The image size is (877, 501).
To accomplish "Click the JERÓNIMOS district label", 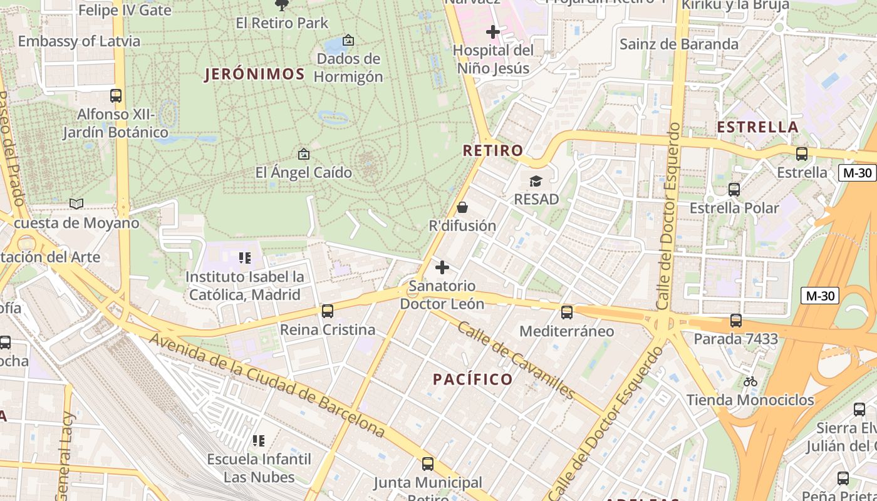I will click(x=254, y=74).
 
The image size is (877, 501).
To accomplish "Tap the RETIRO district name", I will click(x=493, y=150).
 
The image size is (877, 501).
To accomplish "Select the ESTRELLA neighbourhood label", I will click(x=757, y=127).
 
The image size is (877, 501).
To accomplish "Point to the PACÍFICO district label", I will click(x=473, y=379).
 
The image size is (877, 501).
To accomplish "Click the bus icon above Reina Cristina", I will click(x=327, y=311).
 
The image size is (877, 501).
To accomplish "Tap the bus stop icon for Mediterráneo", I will click(x=567, y=312).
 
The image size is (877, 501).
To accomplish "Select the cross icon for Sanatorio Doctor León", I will click(x=442, y=268).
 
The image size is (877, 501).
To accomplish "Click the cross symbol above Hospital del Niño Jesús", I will click(x=493, y=31).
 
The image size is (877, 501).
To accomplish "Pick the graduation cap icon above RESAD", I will click(x=536, y=182).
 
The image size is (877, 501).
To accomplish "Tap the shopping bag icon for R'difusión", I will click(x=462, y=207).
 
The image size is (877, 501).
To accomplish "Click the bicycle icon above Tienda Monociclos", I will click(x=750, y=381).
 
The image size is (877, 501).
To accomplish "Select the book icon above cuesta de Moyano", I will click(x=76, y=204).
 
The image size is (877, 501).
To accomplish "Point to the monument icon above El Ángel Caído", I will click(x=304, y=154).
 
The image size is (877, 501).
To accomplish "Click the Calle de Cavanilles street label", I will click(x=516, y=360).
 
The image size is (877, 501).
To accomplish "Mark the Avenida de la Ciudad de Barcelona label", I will click(x=267, y=385).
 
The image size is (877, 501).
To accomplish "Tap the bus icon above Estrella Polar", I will click(x=734, y=189).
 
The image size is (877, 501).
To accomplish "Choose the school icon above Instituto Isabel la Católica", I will click(x=245, y=258).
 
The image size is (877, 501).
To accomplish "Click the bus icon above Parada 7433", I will click(x=735, y=321).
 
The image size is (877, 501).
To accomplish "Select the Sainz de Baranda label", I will click(x=679, y=44).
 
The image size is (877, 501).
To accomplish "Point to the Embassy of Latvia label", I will click(x=79, y=41).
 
